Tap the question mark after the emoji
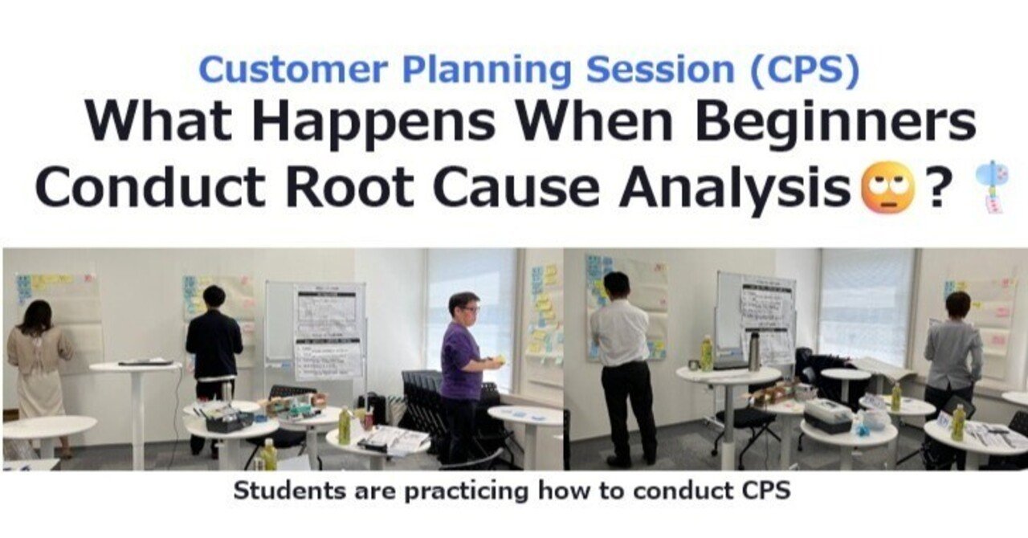click(x=936, y=186)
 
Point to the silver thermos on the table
click(x=753, y=353)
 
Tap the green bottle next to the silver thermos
click(x=706, y=354)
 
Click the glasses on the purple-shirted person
click(x=471, y=309)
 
